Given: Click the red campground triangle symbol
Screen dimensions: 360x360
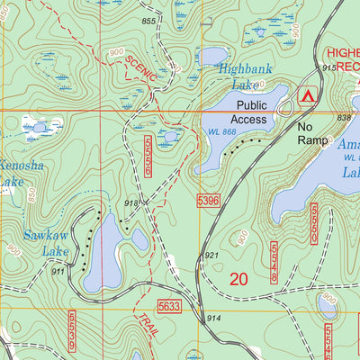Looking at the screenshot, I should coord(309,94).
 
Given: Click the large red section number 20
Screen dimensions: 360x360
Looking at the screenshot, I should coord(238,280).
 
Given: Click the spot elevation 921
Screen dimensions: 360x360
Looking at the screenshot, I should coord(211,256).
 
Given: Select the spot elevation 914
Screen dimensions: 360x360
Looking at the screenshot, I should coord(213,319).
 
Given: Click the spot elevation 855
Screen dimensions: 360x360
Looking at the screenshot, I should coord(148,21).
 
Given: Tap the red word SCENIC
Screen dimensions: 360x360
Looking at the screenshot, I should coord(140,69).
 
